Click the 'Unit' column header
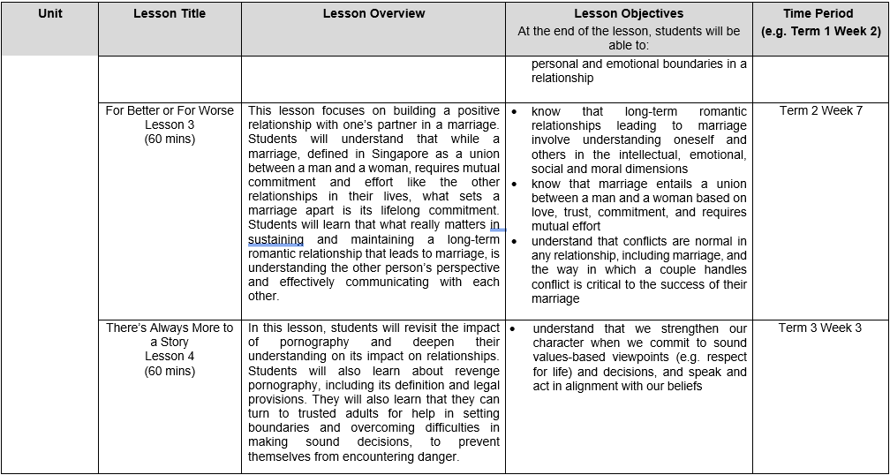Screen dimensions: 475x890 [x=50, y=14]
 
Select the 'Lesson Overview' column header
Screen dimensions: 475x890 [x=373, y=14]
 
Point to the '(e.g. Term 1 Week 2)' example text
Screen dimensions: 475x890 [x=820, y=31]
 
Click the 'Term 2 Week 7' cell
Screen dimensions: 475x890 [x=820, y=111]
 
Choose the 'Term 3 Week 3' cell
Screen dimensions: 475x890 [x=820, y=328]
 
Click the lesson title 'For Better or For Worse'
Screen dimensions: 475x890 [x=170, y=111]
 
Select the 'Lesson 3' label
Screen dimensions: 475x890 [x=170, y=125]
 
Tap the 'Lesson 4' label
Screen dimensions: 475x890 [x=170, y=357]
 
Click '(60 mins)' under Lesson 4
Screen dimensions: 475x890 [x=170, y=371]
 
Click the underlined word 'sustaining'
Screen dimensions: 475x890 [x=275, y=240]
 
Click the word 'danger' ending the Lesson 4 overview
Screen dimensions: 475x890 [x=435, y=456]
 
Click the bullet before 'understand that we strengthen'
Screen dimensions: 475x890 [x=513, y=328]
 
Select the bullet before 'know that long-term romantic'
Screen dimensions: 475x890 [x=514, y=112]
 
